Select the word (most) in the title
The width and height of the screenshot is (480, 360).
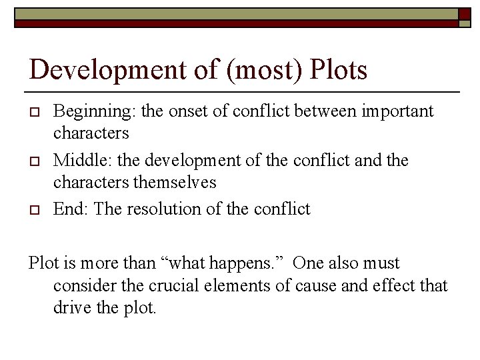point(271,69)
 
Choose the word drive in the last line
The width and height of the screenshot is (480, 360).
point(71,309)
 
